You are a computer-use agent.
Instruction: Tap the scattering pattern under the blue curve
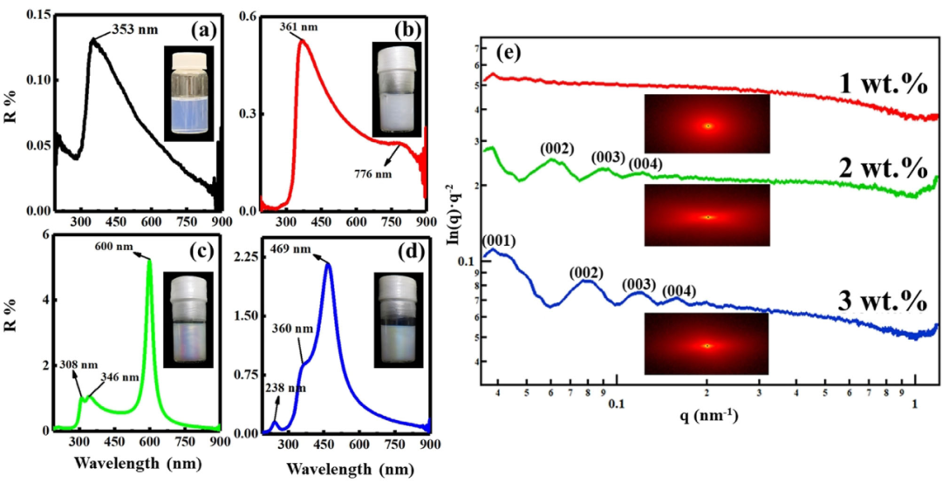pos(707,344)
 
